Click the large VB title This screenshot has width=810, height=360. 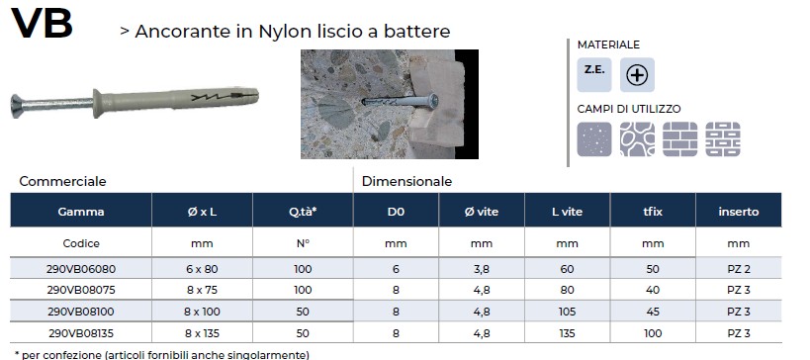(x=42, y=23)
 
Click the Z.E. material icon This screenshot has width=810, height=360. (x=594, y=75)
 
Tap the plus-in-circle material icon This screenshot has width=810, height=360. (x=637, y=75)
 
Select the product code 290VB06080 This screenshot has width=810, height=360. (x=82, y=269)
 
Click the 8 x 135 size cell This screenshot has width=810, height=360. (x=203, y=333)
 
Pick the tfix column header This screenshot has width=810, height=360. (x=653, y=212)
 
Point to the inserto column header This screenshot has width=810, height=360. (x=739, y=212)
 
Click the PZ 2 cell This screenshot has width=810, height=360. (x=739, y=269)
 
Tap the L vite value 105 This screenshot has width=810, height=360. (x=568, y=312)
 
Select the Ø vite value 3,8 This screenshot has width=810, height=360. (x=482, y=269)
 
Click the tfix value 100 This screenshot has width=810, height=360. (x=653, y=333)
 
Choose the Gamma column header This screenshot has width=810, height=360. (x=81, y=212)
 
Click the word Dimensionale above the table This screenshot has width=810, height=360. (x=406, y=182)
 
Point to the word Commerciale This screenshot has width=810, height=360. (x=62, y=182)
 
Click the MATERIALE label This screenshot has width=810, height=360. (x=608, y=45)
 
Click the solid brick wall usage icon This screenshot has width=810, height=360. (x=679, y=139)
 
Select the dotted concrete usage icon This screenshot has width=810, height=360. (x=594, y=139)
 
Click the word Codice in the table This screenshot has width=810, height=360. (x=81, y=243)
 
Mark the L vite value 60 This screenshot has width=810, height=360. (x=568, y=269)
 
